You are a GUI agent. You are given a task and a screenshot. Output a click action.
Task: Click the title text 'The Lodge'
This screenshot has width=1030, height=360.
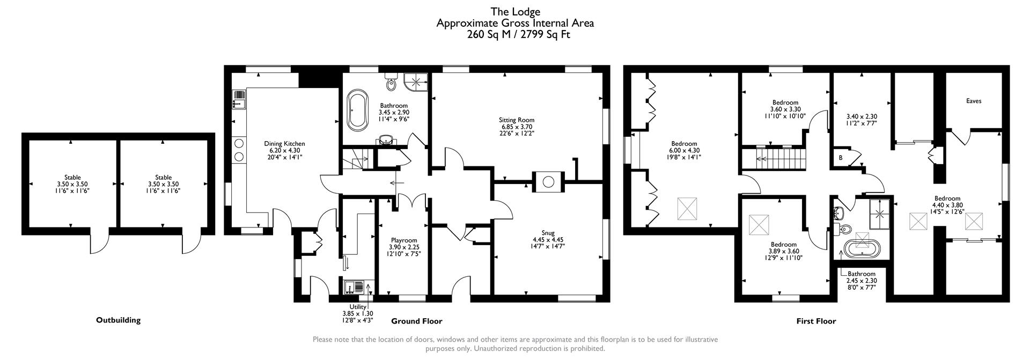point(515,11)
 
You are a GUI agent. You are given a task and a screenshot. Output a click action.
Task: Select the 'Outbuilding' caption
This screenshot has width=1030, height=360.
point(118,320)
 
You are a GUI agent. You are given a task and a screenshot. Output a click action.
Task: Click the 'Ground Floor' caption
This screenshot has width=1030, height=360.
point(416,321)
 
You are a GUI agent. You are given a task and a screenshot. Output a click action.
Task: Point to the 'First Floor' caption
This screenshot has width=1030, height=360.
point(815,321)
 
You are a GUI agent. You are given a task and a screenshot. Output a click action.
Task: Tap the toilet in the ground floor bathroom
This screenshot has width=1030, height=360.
point(391,83)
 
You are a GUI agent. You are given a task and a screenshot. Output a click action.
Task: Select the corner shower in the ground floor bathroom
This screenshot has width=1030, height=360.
point(416,82)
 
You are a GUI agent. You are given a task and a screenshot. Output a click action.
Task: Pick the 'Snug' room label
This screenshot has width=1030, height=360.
point(548,233)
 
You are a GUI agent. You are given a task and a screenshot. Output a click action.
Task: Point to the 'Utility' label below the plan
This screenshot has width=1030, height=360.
point(358,307)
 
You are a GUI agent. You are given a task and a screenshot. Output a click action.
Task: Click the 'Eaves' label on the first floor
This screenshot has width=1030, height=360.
point(973,101)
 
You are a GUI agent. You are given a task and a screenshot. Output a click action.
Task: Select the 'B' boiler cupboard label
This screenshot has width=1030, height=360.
point(840,158)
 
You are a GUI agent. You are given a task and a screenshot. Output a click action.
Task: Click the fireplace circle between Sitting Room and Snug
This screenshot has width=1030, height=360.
point(548,182)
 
